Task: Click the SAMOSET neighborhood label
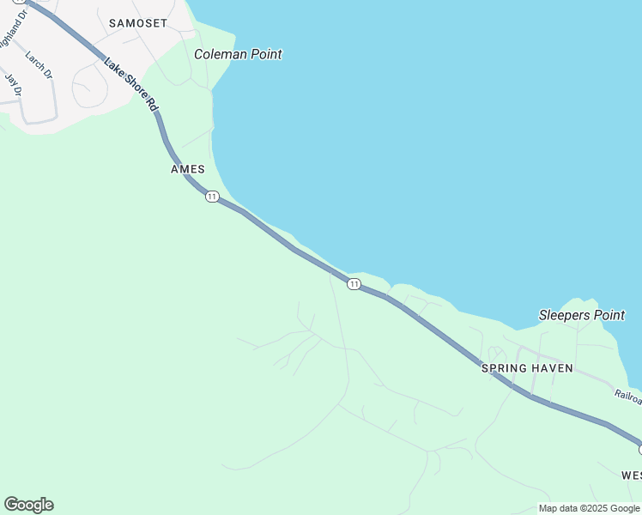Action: point(138,23)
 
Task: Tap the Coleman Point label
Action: point(238,54)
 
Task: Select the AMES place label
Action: point(188,169)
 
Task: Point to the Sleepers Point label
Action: point(582,315)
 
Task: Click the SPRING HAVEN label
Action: point(527,368)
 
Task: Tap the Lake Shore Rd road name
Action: point(131,84)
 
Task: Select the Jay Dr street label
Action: point(13,84)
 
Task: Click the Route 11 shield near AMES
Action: point(212,197)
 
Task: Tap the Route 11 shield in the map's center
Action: point(354,283)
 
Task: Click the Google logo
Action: point(28,505)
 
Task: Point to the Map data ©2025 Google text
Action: point(589,508)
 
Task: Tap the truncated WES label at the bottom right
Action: point(631,475)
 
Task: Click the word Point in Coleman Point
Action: point(263,54)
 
